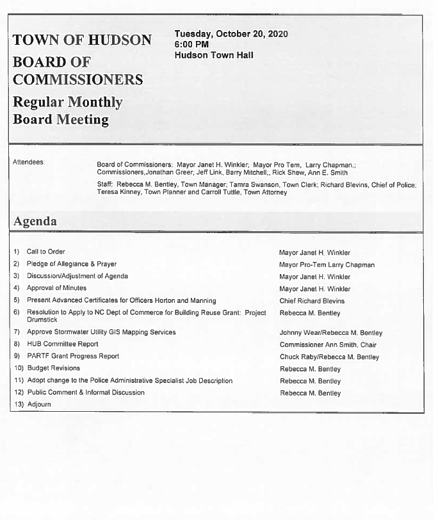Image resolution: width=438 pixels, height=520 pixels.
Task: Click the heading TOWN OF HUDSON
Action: [82, 40]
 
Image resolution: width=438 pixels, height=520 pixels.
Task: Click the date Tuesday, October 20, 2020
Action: [231, 34]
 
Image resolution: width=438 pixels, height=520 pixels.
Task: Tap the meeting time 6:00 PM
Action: [191, 44]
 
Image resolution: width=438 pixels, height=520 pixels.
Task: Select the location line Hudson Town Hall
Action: [213, 55]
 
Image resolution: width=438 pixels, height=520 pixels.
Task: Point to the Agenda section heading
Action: [35, 222]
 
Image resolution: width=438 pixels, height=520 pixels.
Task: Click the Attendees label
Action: [29, 163]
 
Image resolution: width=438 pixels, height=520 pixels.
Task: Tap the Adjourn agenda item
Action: [38, 405]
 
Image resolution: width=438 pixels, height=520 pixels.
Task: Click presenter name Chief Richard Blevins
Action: [312, 301]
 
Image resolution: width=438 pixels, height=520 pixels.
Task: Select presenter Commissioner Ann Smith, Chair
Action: [328, 345]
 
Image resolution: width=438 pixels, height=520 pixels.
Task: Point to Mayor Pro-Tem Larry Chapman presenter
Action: [327, 264]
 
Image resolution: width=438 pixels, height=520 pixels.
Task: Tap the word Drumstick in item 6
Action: [42, 320]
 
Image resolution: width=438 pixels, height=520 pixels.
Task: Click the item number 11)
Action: [18, 380]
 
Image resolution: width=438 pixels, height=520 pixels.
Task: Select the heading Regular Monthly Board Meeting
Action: [67, 111]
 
